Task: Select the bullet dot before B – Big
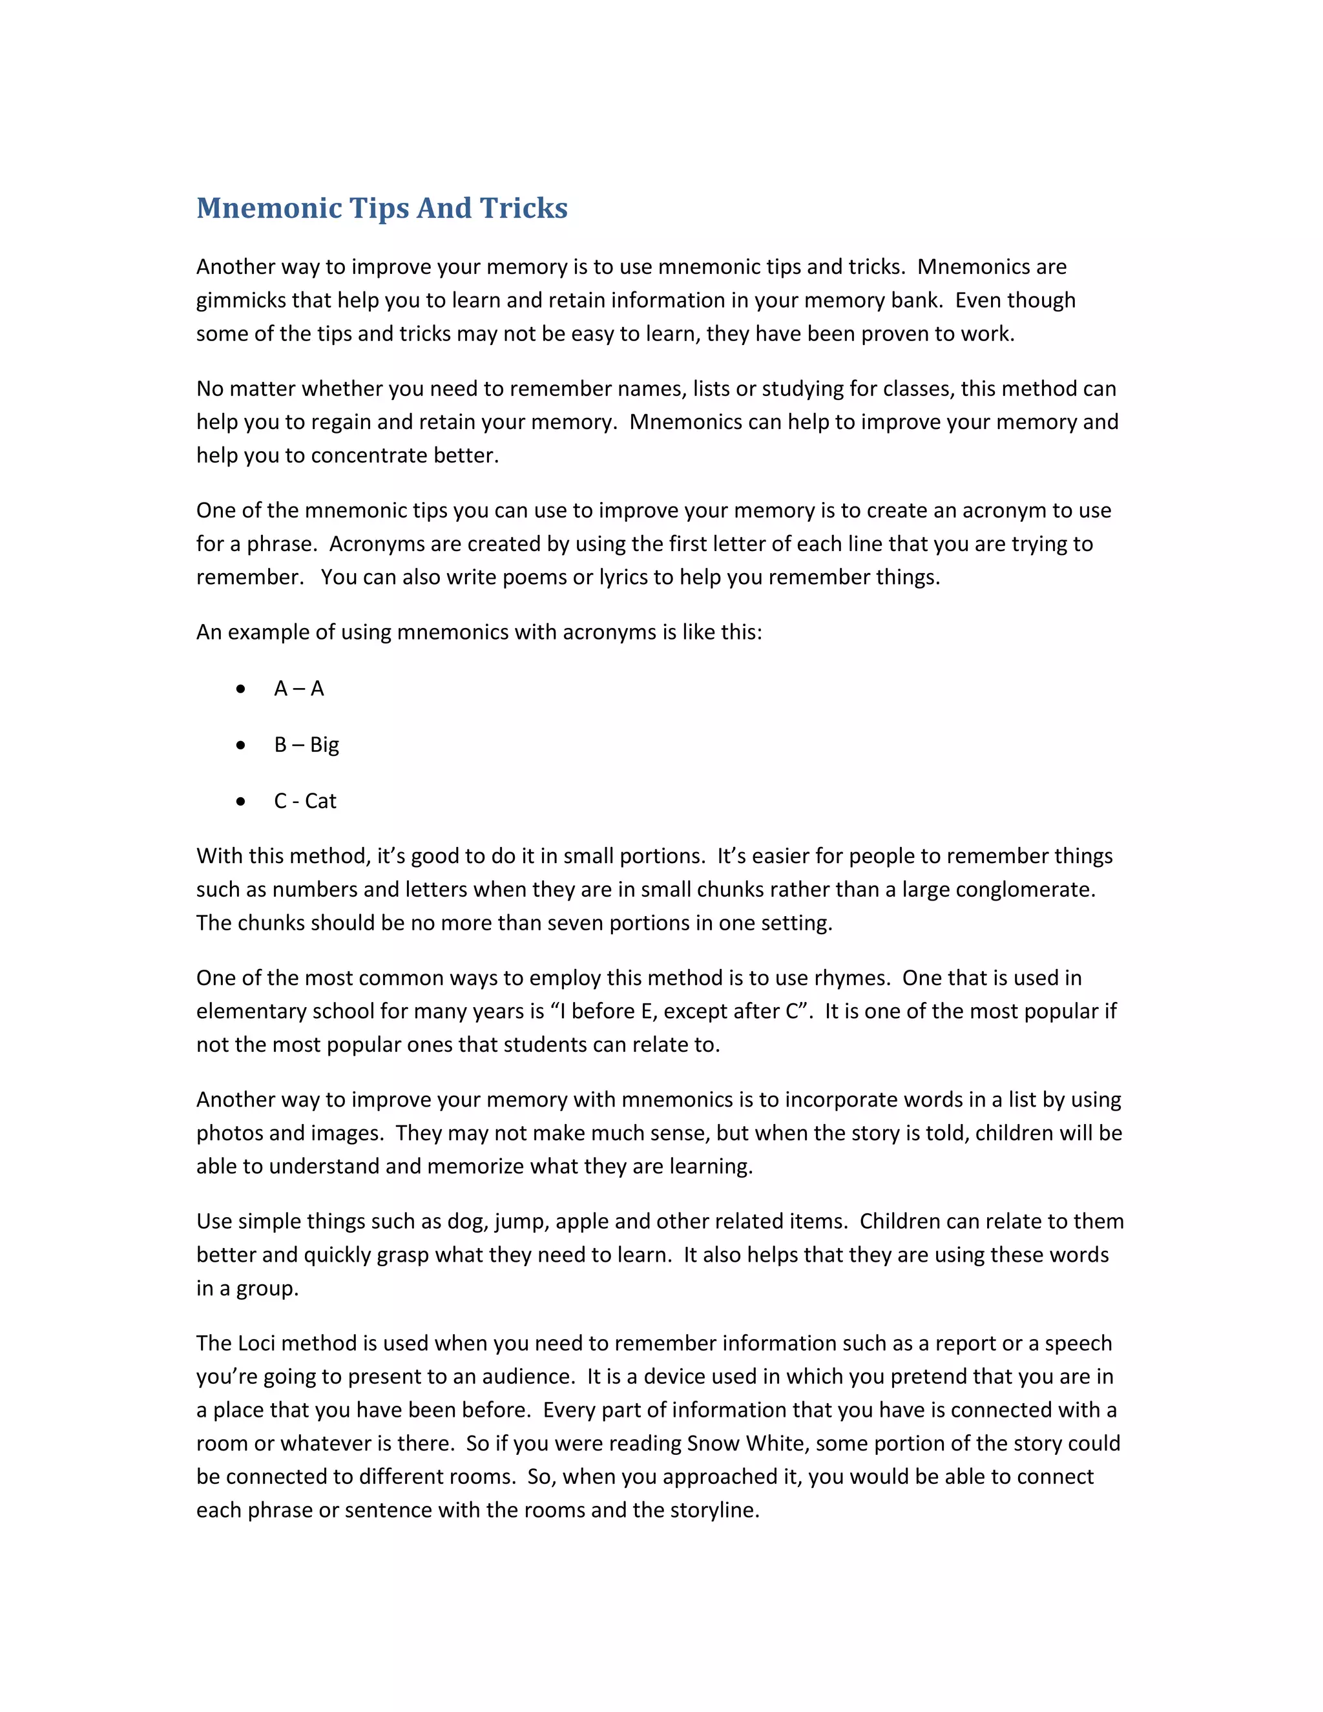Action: click(x=240, y=745)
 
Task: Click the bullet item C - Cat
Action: click(x=305, y=801)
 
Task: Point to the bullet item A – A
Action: click(x=298, y=689)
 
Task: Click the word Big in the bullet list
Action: click(x=324, y=745)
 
